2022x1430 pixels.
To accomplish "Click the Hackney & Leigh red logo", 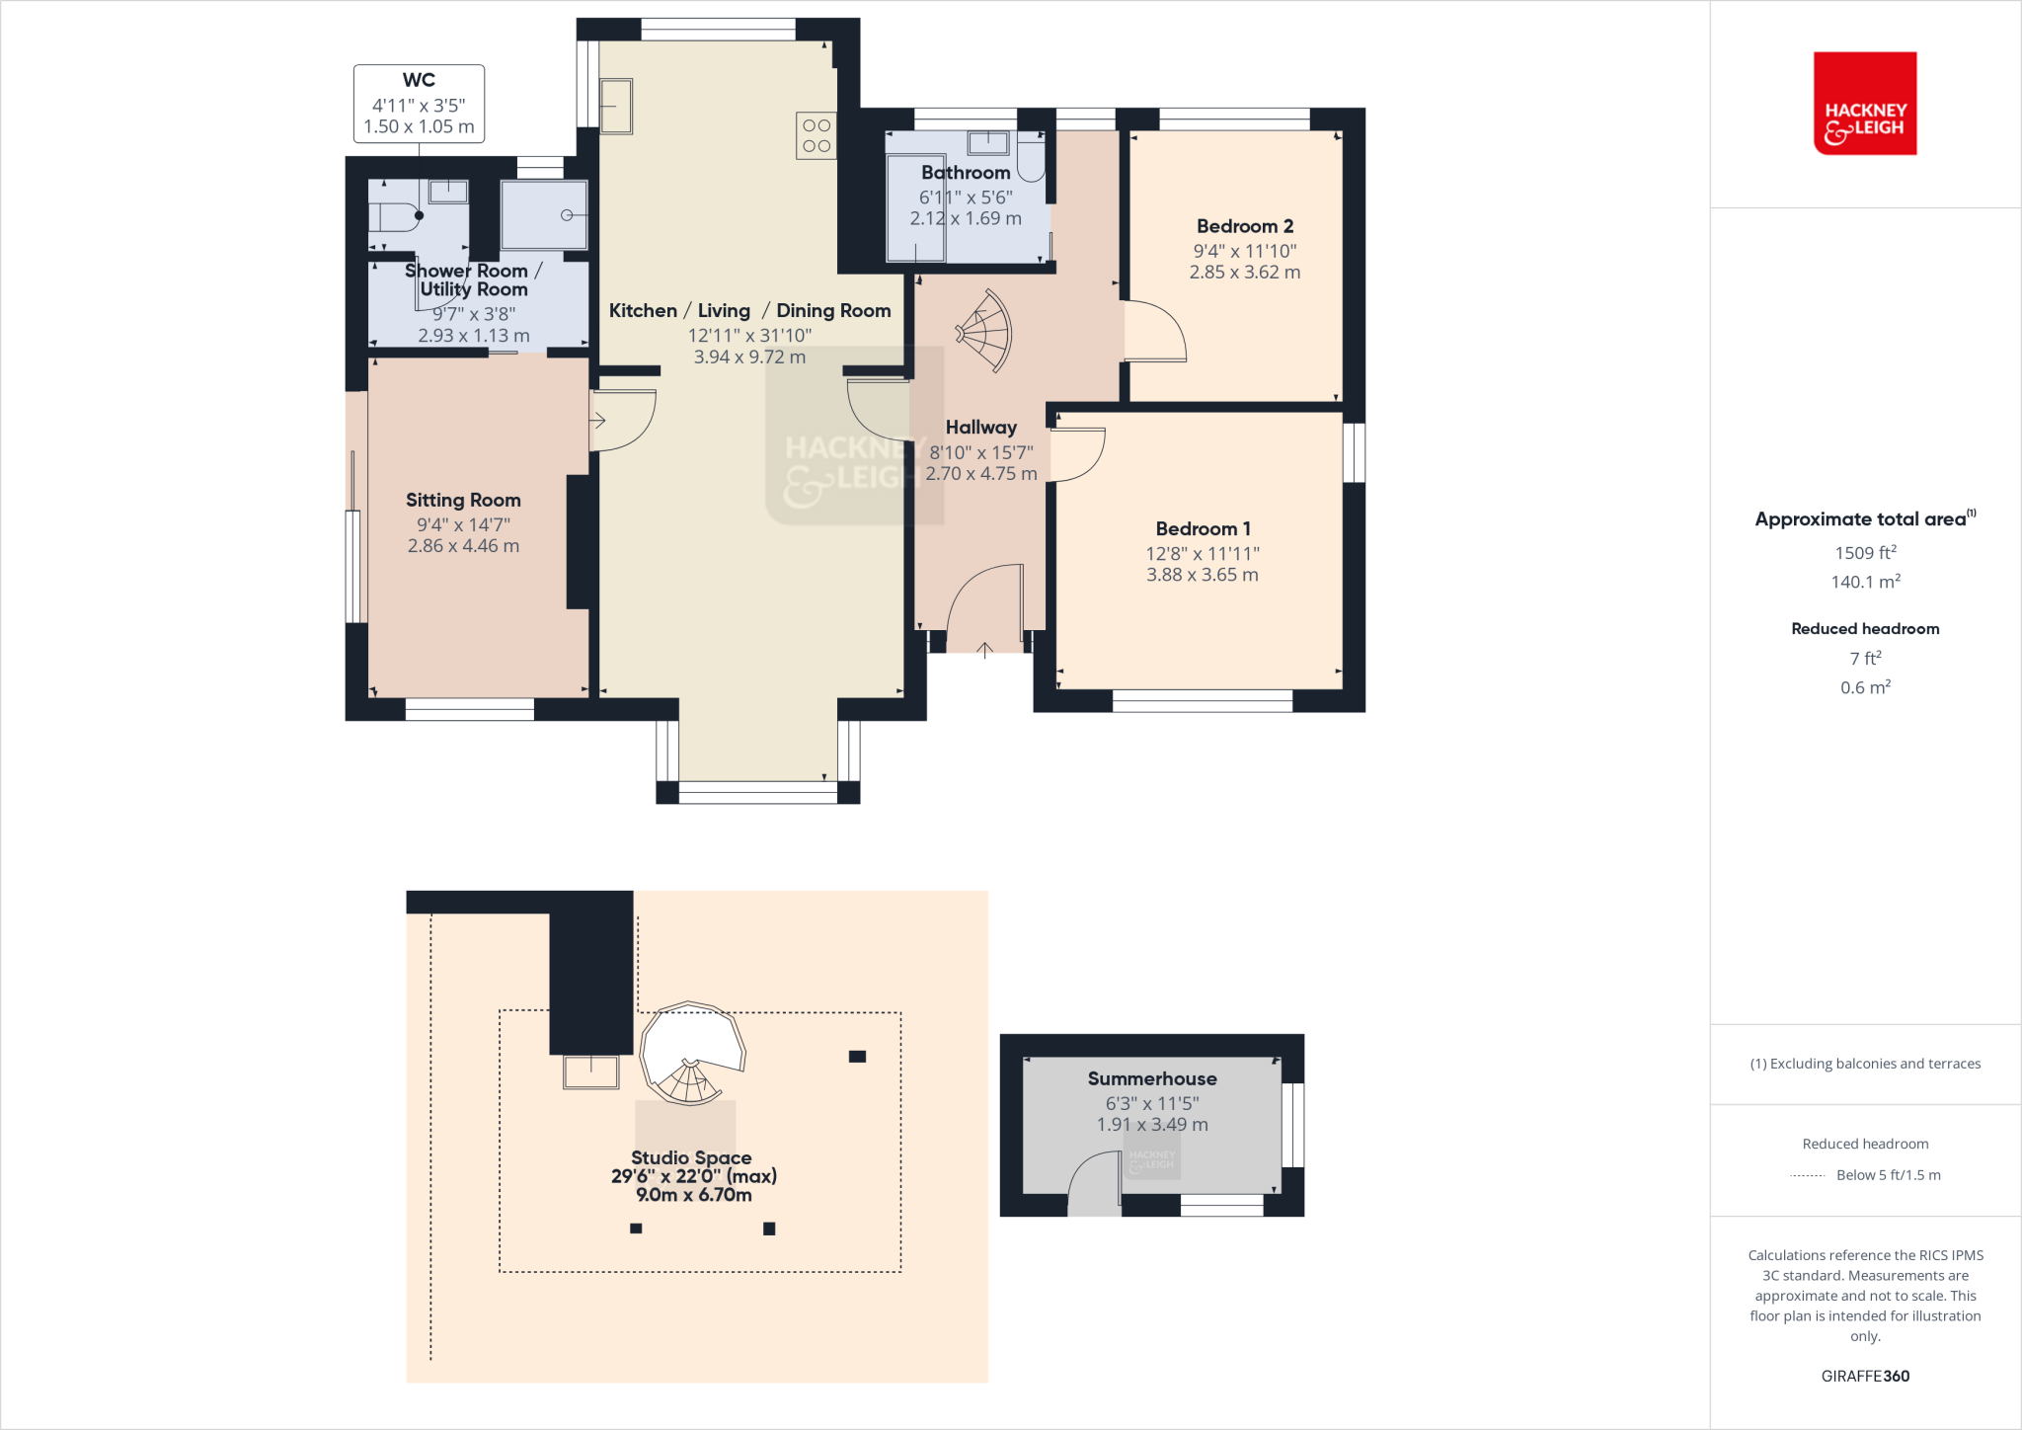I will pos(1864,104).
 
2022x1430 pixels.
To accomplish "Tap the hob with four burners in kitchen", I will pos(817,135).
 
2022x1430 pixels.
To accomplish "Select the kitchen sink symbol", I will pos(616,106).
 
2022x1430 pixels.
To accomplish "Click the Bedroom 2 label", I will pos(1244,226).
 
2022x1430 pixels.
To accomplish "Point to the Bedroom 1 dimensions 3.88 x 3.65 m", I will pos(1202,575).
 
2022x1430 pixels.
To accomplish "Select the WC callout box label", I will pos(419,81).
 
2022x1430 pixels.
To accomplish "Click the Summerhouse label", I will pos(1151,1078).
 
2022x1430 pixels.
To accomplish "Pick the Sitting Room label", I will pos(463,500).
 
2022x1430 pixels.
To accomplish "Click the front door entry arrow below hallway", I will pos(984,650).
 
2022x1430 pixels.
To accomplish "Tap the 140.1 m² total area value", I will pos(1864,582).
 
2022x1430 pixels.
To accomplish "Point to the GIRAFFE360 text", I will pos(1864,1376).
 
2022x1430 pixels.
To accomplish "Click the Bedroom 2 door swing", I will pos(1155,333).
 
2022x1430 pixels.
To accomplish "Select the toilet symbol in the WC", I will pos(395,215).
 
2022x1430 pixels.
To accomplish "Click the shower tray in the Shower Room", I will pos(544,214).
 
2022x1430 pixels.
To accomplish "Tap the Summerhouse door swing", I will pos(1094,1183).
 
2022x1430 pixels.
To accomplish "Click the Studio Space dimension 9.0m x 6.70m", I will pos(693,1195).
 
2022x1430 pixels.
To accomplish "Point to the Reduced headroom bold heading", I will pos(1864,629).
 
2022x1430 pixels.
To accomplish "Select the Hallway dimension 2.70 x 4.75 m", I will pos(980,474).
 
